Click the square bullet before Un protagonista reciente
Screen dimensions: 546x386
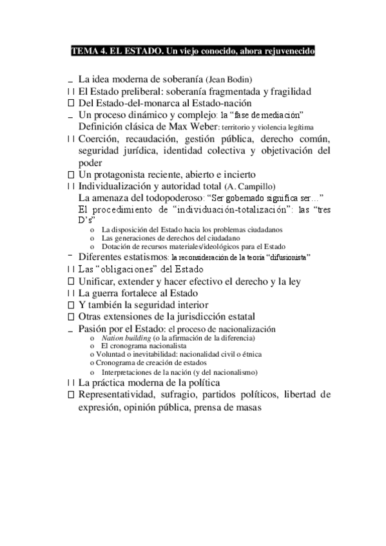(71, 174)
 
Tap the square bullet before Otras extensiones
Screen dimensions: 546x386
(71, 317)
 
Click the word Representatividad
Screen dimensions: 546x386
(122, 394)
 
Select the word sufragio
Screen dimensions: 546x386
(193, 394)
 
